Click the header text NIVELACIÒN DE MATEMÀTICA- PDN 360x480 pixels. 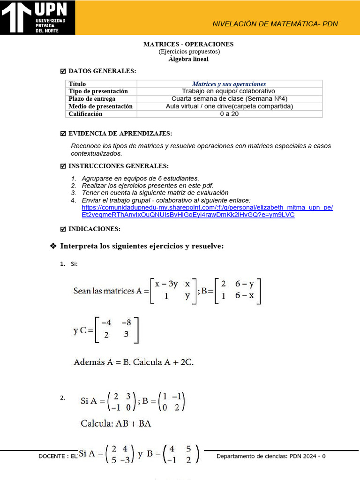(x=275, y=24)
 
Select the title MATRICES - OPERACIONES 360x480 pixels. (x=188, y=44)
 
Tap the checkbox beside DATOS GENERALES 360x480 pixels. (x=63, y=71)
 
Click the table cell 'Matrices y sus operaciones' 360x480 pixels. (x=229, y=84)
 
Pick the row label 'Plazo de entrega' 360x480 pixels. (x=92, y=99)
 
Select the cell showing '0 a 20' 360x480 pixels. (x=229, y=114)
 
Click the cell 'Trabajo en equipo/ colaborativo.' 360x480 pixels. (x=229, y=91)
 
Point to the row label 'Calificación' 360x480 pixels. (x=85, y=114)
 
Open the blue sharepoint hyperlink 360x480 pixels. (x=207, y=211)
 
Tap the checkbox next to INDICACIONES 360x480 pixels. (x=63, y=229)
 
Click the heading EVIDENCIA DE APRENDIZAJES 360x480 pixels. (x=120, y=134)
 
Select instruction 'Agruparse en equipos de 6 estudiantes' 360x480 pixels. (x=140, y=178)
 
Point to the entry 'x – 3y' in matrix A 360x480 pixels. (x=166, y=284)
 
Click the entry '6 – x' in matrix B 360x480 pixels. (x=244, y=296)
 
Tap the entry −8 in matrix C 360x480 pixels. (x=126, y=322)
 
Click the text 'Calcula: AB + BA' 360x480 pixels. (x=116, y=424)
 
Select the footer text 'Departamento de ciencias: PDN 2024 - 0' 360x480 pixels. (x=271, y=456)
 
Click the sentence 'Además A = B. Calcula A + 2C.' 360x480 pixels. (x=134, y=362)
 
